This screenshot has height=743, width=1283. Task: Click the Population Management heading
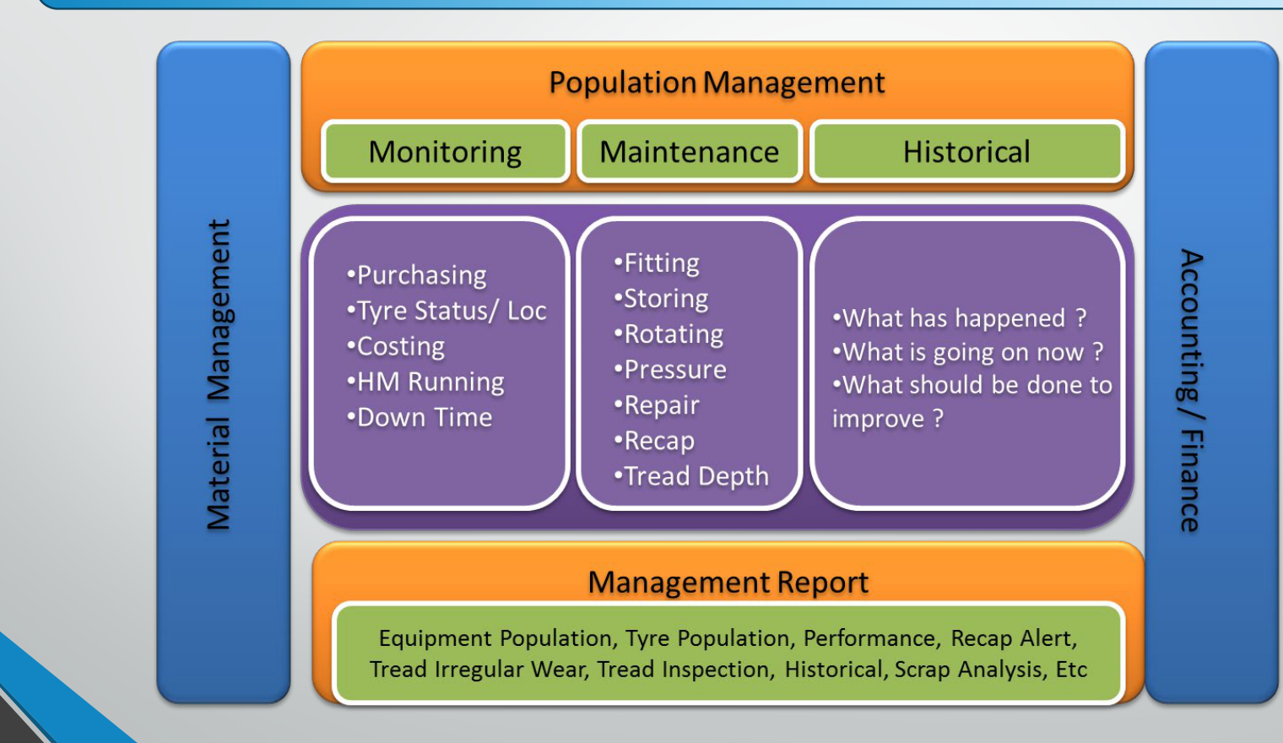click(x=717, y=83)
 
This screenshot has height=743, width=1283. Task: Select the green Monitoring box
click(x=445, y=152)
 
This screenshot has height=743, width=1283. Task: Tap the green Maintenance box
click(x=689, y=152)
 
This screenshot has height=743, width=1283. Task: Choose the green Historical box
click(x=966, y=152)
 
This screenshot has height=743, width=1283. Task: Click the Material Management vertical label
click(x=219, y=375)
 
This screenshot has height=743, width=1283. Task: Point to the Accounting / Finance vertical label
click(x=1191, y=390)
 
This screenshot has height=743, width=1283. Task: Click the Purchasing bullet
click(x=416, y=275)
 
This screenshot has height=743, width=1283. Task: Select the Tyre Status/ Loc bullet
click(x=447, y=311)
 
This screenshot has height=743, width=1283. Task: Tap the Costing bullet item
click(x=396, y=346)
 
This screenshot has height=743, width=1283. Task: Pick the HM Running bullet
click(x=425, y=382)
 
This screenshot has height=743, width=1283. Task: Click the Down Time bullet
click(x=420, y=417)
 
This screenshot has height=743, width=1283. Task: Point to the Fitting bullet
click(x=657, y=263)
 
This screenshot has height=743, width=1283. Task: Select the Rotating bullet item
click(x=669, y=334)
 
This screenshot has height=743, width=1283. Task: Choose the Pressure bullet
click(x=670, y=370)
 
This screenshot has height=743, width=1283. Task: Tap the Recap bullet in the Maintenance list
click(x=654, y=441)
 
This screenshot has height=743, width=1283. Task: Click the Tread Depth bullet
click(x=691, y=476)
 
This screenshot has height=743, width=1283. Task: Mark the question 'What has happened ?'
click(x=960, y=318)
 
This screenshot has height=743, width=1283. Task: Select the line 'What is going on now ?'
click(x=968, y=352)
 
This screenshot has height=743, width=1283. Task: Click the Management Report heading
click(x=728, y=583)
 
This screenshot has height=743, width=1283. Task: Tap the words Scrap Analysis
click(x=968, y=669)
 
